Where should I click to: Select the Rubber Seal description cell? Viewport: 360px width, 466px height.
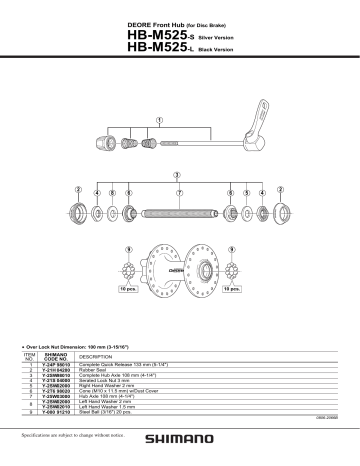94,371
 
